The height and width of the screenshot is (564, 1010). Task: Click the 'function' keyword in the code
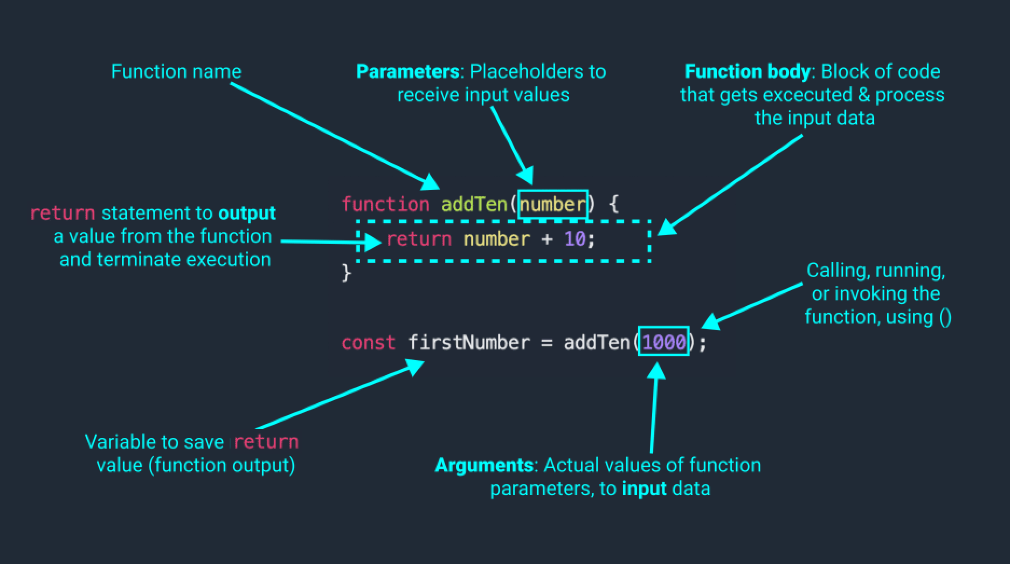coord(385,204)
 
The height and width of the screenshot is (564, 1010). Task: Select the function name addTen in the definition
coord(474,204)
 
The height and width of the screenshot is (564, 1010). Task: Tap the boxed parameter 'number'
coord(552,204)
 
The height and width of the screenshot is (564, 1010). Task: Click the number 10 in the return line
coord(575,239)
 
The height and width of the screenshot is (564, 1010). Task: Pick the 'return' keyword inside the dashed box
coord(419,239)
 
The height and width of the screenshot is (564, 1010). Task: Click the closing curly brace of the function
coord(346,272)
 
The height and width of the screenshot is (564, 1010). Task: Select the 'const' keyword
coord(368,343)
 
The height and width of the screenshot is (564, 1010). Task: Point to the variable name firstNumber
coord(469,343)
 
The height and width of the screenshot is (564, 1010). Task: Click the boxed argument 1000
coord(663,342)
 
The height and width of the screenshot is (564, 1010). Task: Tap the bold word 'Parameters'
coord(407,72)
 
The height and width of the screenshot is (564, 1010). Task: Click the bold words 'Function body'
coord(747,72)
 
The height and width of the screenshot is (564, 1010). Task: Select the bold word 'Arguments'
coord(484,465)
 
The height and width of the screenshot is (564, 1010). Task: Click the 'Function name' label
coord(176,72)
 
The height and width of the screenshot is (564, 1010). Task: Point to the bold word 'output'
coord(247,214)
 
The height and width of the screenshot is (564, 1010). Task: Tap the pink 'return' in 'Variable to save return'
coord(266,442)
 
